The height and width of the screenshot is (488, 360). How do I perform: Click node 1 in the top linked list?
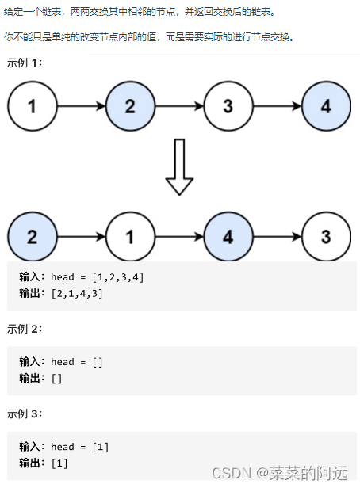[32, 107]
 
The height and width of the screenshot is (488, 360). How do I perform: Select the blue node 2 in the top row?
[130, 107]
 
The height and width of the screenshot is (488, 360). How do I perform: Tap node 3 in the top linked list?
[228, 107]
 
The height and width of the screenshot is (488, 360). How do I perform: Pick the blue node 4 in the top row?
[327, 107]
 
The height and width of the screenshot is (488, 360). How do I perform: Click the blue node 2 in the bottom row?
[32, 236]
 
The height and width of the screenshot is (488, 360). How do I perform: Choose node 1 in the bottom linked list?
[130, 236]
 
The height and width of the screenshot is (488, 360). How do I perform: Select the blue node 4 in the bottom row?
[228, 236]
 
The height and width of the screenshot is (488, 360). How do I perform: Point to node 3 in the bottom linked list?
[327, 236]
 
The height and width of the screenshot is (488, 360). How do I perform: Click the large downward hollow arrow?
[179, 167]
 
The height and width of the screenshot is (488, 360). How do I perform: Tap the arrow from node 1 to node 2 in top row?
[81, 107]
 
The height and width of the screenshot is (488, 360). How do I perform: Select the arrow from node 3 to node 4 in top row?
[278, 107]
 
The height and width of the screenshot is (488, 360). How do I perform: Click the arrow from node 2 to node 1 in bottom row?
[81, 236]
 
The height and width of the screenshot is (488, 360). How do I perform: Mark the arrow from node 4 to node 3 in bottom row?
[278, 236]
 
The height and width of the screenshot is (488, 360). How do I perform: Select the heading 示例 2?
[24, 329]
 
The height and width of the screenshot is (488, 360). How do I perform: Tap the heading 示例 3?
[24, 414]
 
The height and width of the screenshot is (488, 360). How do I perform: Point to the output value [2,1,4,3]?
[76, 293]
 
